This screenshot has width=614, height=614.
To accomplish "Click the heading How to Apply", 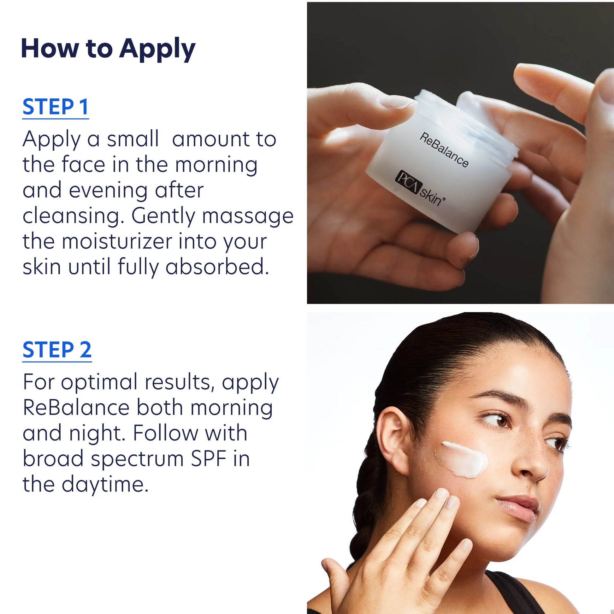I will [x=108, y=49].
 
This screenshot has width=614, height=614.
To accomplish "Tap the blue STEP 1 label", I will [x=55, y=107].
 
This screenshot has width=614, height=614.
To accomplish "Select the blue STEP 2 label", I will [x=57, y=350].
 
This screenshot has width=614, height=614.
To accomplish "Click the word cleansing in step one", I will [x=73, y=216].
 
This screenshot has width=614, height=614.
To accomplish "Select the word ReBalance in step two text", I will [x=76, y=408].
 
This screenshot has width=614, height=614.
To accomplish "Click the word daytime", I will [x=105, y=485].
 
